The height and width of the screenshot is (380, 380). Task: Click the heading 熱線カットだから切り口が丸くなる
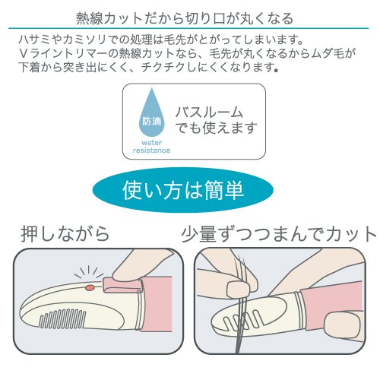tap(185, 18)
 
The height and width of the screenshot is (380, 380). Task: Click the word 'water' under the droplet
tap(151, 143)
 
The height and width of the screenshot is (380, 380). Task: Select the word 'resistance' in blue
tap(151, 150)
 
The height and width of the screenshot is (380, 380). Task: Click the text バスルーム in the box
tap(209, 112)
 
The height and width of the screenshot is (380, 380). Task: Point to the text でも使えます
tap(216, 128)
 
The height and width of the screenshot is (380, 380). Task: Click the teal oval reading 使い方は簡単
tap(183, 190)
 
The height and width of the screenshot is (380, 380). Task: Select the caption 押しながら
tap(65, 233)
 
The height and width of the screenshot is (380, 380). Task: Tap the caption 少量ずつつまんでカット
tap(279, 234)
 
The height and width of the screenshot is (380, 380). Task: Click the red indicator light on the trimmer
tap(90, 287)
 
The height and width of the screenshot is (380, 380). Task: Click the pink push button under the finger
tap(122, 285)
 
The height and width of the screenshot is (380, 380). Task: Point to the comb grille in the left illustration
tap(62, 318)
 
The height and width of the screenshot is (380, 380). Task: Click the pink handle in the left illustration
tap(158, 302)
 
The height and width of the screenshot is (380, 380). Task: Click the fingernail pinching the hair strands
tap(237, 289)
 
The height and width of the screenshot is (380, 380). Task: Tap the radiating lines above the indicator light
tap(89, 272)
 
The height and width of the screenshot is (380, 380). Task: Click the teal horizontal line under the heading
tap(188, 28)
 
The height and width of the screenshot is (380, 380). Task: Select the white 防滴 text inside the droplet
tap(152, 122)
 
